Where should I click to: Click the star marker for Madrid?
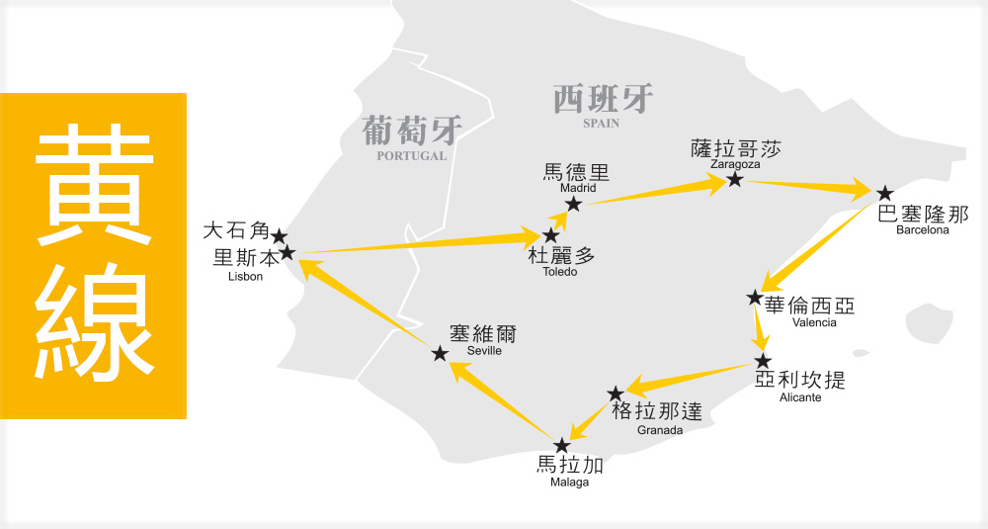573,204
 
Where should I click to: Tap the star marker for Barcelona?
885,193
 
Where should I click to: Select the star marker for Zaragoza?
735,180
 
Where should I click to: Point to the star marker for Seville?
441,353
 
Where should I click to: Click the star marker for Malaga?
562,445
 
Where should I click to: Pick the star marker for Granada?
616,394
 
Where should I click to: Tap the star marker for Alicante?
762,362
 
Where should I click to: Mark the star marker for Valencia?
755,298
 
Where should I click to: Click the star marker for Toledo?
550,235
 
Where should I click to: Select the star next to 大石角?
280,236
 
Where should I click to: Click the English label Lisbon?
245,277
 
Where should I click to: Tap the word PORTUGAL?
412,155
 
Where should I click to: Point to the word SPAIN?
602,124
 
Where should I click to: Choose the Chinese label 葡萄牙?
412,131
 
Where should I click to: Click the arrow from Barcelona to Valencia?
820,247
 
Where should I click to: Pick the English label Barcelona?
922,230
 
